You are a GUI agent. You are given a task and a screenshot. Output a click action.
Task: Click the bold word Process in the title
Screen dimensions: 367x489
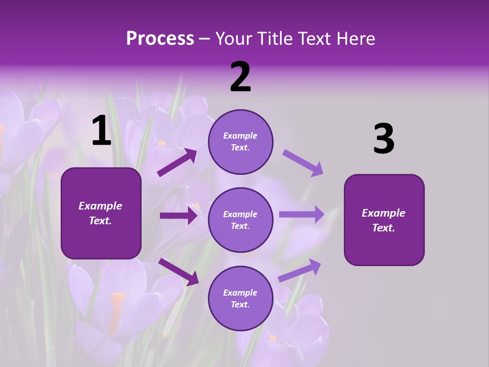[x=160, y=39]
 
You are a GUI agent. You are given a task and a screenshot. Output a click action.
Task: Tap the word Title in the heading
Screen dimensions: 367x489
[x=274, y=39]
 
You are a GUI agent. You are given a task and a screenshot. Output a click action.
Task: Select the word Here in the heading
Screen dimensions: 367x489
[x=355, y=39]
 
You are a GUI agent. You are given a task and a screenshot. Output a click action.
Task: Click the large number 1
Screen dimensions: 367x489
[x=101, y=131]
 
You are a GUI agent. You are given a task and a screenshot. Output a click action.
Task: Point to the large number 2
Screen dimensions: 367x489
[x=240, y=77]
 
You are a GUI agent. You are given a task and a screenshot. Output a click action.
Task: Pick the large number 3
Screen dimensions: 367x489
[x=384, y=139]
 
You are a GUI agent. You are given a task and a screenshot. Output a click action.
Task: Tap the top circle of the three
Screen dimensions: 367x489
[x=240, y=142]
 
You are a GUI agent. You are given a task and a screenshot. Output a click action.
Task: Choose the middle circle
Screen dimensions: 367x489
[x=240, y=220]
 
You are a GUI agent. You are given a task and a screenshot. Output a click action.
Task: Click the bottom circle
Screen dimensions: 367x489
[x=240, y=298]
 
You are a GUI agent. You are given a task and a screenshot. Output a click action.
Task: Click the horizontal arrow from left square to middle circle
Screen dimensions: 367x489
[x=178, y=216]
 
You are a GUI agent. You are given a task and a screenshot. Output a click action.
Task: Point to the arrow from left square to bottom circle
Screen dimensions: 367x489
[x=178, y=272]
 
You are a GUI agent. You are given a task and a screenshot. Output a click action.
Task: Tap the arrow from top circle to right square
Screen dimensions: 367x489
[x=303, y=163]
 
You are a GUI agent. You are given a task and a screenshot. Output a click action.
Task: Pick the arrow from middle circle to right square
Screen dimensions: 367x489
[x=302, y=214]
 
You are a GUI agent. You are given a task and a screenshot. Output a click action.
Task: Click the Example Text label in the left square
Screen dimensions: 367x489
[x=100, y=213]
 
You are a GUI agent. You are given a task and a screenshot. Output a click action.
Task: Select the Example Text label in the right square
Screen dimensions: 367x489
[x=384, y=220]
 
